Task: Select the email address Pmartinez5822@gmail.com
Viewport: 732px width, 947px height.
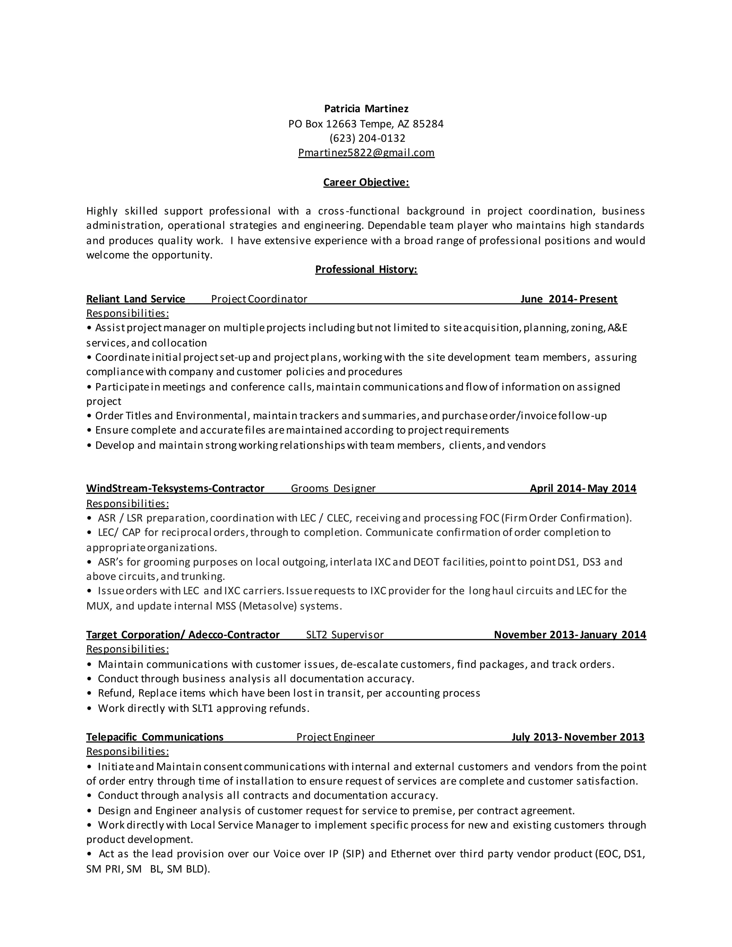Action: click(x=366, y=153)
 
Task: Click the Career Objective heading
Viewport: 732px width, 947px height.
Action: click(x=366, y=183)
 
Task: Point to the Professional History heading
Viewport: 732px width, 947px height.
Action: click(x=366, y=270)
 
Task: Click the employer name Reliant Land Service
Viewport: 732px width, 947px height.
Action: click(x=136, y=299)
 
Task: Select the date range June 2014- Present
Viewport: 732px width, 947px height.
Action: click(x=569, y=299)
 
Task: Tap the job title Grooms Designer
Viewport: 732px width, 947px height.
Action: click(x=333, y=489)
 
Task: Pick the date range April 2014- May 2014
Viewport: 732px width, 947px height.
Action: click(x=583, y=489)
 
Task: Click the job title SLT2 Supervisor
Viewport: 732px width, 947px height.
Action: click(x=345, y=635)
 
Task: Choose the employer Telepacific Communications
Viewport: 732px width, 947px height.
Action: click(x=155, y=737)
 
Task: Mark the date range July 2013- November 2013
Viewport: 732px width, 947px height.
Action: click(x=578, y=737)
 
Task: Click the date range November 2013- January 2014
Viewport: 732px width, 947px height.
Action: click(x=570, y=635)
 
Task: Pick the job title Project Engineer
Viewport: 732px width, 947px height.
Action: click(x=335, y=737)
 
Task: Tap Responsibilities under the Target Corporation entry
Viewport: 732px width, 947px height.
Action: click(x=128, y=649)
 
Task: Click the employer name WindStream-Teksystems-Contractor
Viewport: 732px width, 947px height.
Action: click(x=175, y=489)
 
